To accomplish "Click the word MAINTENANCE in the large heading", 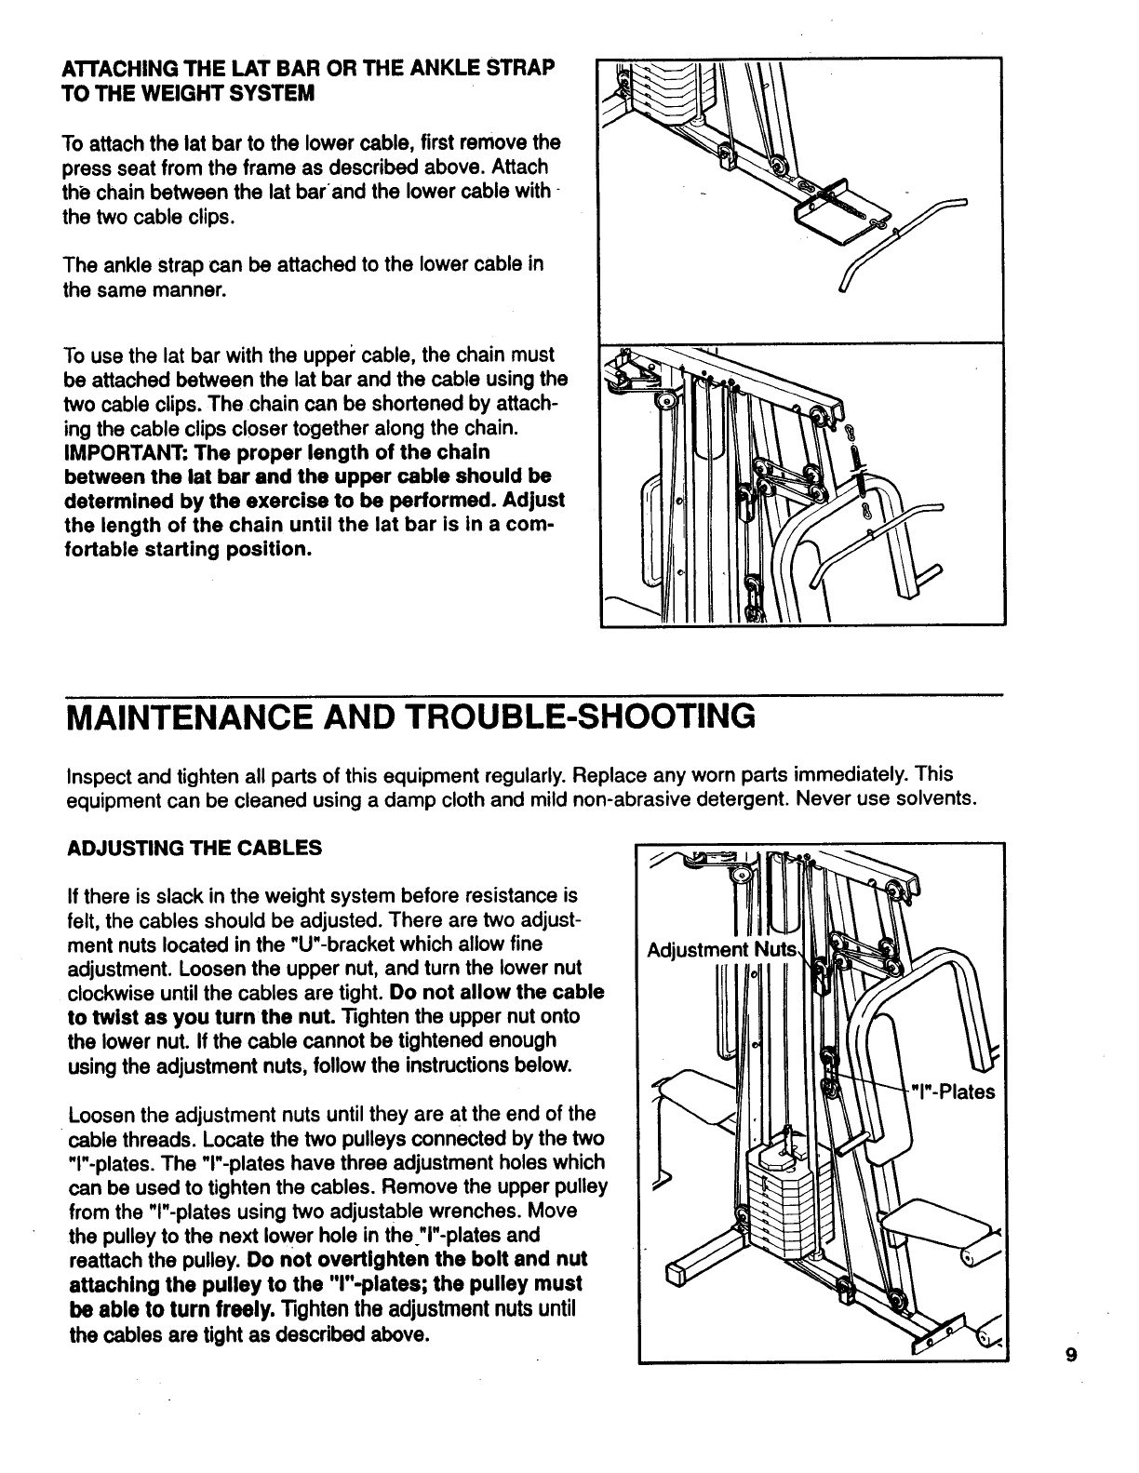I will coord(207,716).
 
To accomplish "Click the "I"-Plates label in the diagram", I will coord(953,1091).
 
